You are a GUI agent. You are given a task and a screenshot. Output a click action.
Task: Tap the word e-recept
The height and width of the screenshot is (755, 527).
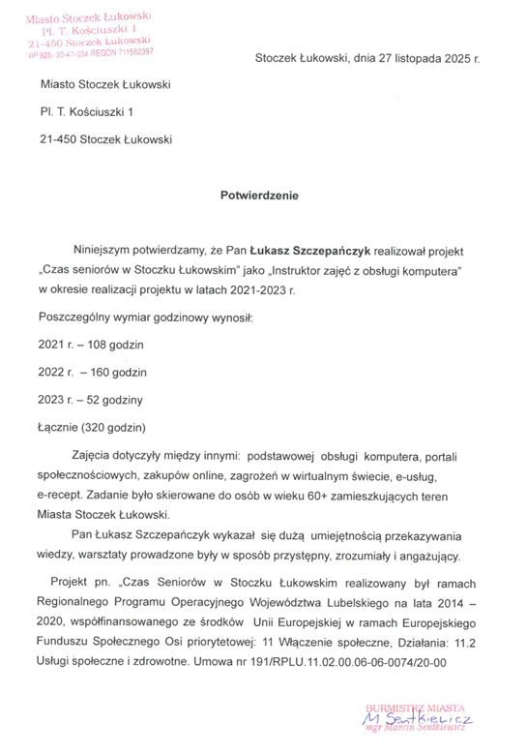(x=61, y=495)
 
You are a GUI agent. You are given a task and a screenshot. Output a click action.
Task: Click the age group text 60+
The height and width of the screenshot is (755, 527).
(x=326, y=495)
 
